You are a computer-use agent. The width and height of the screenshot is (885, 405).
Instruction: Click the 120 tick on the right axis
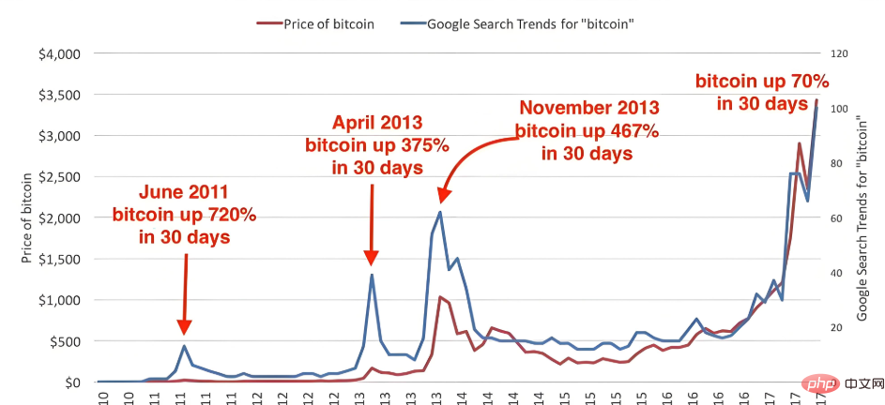click(839, 54)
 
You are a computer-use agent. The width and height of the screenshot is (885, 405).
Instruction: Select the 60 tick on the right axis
click(836, 218)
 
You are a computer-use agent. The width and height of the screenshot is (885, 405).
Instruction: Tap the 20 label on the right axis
click(836, 328)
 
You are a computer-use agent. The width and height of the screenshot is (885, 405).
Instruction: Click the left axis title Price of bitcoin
click(28, 217)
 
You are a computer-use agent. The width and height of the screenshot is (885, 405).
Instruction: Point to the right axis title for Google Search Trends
click(862, 218)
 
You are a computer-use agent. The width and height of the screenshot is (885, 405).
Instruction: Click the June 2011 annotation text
click(184, 215)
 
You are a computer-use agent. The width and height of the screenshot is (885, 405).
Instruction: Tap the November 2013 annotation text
click(588, 129)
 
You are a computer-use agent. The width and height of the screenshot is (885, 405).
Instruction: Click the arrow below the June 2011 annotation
click(186, 291)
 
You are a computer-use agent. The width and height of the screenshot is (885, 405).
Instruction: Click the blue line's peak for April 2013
click(372, 274)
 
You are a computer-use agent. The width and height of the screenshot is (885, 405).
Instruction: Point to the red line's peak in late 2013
click(440, 296)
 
